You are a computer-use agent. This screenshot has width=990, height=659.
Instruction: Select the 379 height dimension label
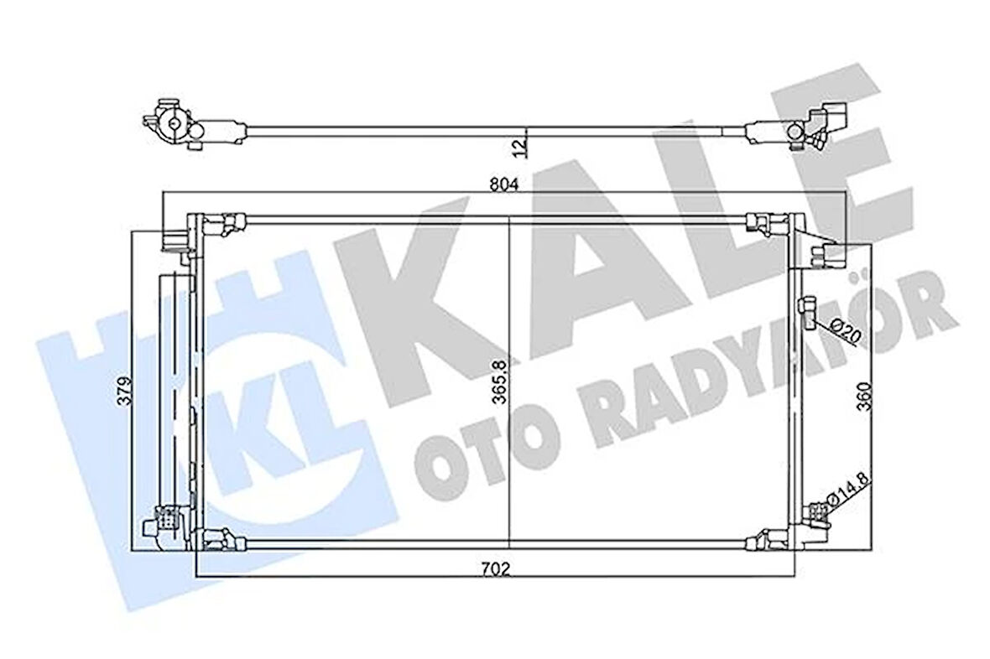124,392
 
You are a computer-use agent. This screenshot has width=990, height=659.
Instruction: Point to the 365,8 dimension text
502,381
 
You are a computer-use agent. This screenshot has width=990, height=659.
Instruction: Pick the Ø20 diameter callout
843,331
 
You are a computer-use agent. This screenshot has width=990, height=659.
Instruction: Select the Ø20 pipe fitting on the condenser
807,310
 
